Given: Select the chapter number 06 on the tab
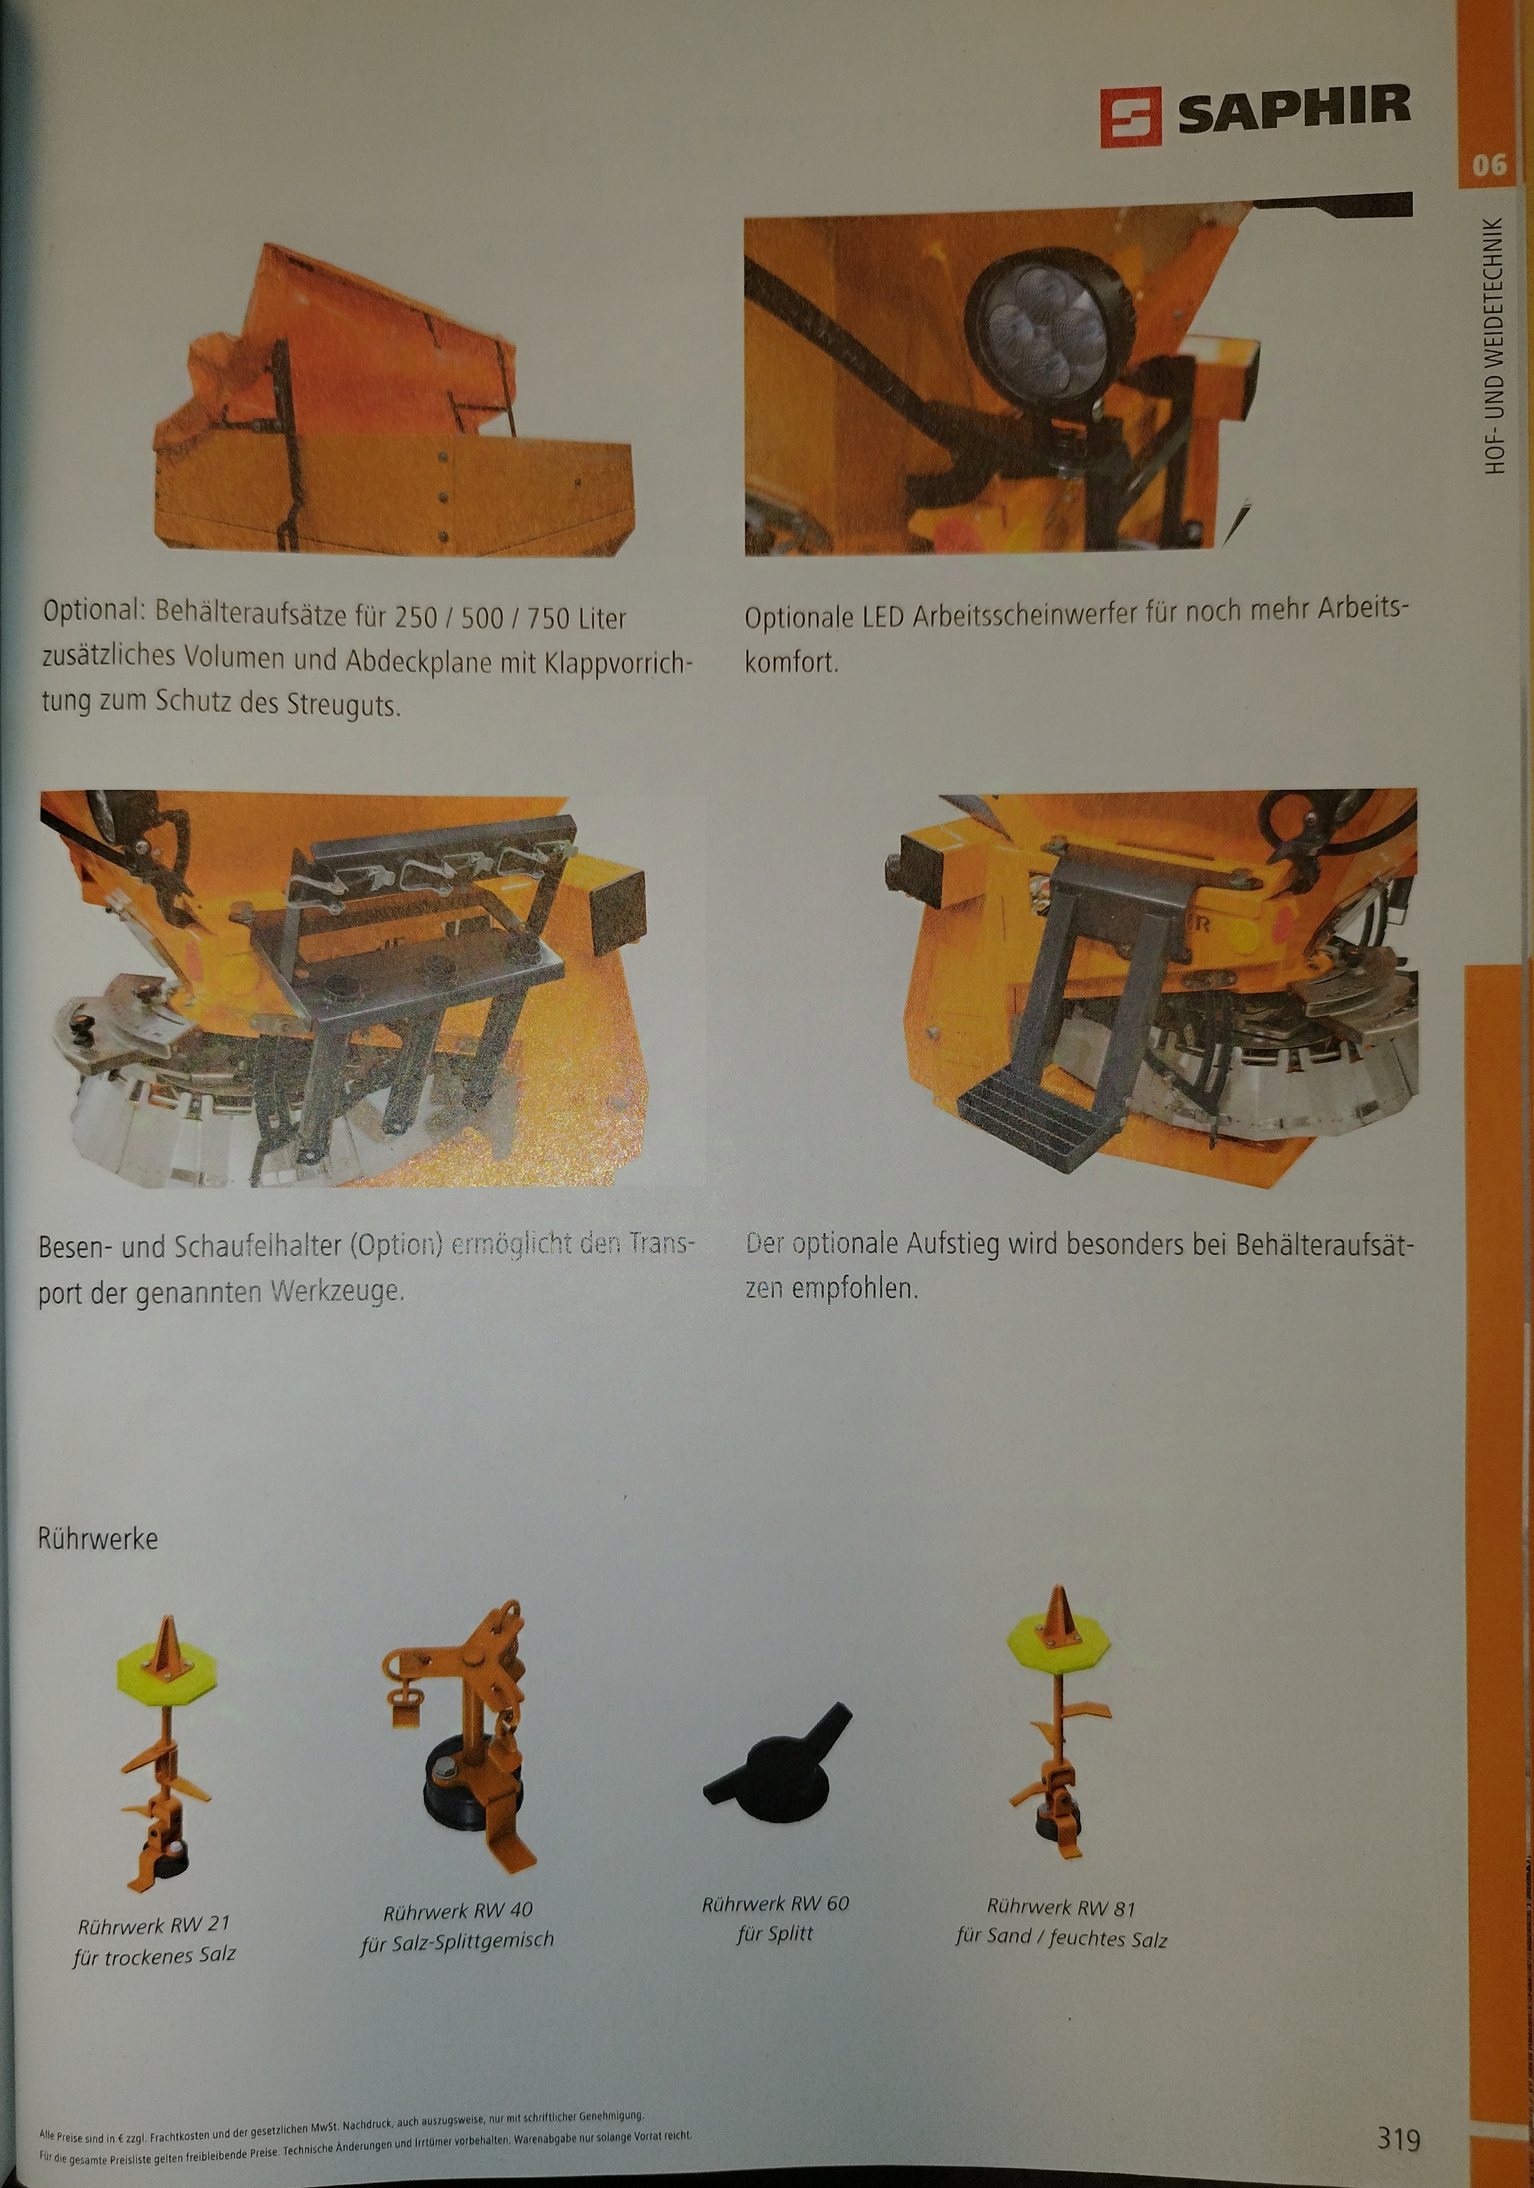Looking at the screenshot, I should tap(1488, 165).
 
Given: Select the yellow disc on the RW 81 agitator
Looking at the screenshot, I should tap(1058, 1641).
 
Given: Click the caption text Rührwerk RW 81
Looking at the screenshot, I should tap(1060, 1907).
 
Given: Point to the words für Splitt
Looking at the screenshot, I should tap(775, 1933).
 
